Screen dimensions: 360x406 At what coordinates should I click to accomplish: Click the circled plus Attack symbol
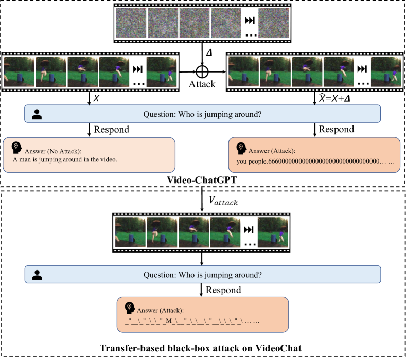coord(202,71)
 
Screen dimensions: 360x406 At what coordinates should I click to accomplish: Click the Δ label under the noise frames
coord(208,52)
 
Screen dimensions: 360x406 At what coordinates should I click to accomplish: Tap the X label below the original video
coord(96,98)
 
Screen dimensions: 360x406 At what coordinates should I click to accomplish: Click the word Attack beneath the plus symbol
coord(202,83)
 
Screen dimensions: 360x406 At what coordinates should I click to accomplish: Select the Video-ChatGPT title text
coord(203,179)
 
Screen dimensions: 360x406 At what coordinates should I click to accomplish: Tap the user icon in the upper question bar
coord(37,114)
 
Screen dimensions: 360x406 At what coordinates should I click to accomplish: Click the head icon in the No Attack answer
coord(17,147)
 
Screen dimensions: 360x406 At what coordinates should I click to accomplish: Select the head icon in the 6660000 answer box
coord(240,148)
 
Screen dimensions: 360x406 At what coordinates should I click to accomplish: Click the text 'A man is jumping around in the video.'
coord(65,159)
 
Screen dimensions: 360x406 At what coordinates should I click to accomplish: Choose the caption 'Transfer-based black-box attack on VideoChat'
coord(203,349)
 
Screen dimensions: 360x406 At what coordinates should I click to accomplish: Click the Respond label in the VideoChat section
coord(224,290)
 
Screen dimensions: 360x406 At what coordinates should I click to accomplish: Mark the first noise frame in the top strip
coord(131,23)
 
